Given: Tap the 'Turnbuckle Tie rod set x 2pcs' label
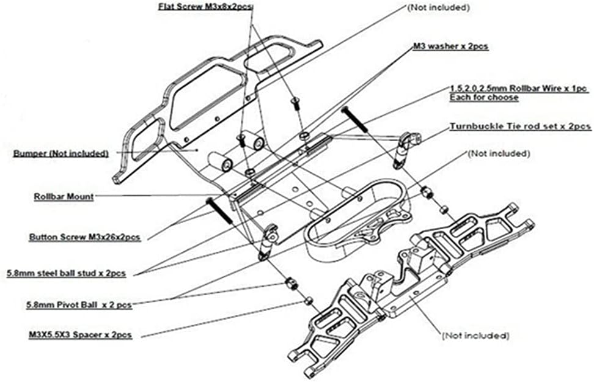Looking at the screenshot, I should tap(520, 127).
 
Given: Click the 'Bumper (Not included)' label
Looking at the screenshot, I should tap(61, 153).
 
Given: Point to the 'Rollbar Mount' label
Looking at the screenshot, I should tap(64, 197).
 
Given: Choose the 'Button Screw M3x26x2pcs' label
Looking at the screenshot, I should tap(85, 237).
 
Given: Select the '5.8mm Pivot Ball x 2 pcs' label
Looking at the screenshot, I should tap(79, 304).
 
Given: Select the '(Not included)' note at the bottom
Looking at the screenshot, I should tap(475, 336).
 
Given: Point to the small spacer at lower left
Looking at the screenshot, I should tap(309, 300).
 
